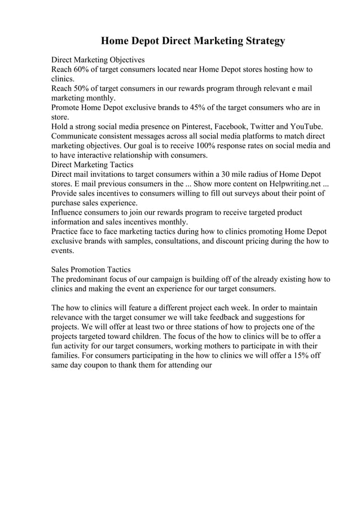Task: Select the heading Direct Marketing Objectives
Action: [x=98, y=59]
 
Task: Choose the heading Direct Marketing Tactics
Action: [x=92, y=165]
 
